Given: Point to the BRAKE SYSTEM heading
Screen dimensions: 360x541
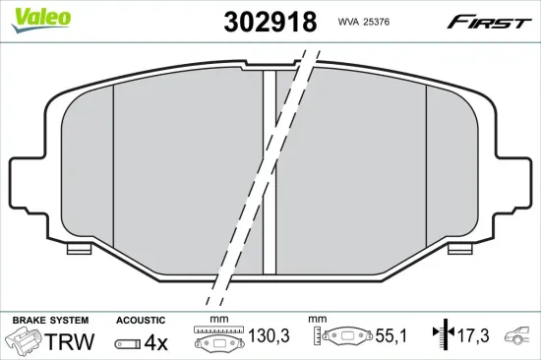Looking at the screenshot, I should (x=50, y=321).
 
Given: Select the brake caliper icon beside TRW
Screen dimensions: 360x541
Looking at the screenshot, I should (x=25, y=341).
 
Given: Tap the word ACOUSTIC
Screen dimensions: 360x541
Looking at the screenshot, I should (x=142, y=321).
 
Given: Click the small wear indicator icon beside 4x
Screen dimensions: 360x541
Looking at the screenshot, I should (x=129, y=342).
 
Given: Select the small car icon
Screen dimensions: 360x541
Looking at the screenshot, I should (x=517, y=337).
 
